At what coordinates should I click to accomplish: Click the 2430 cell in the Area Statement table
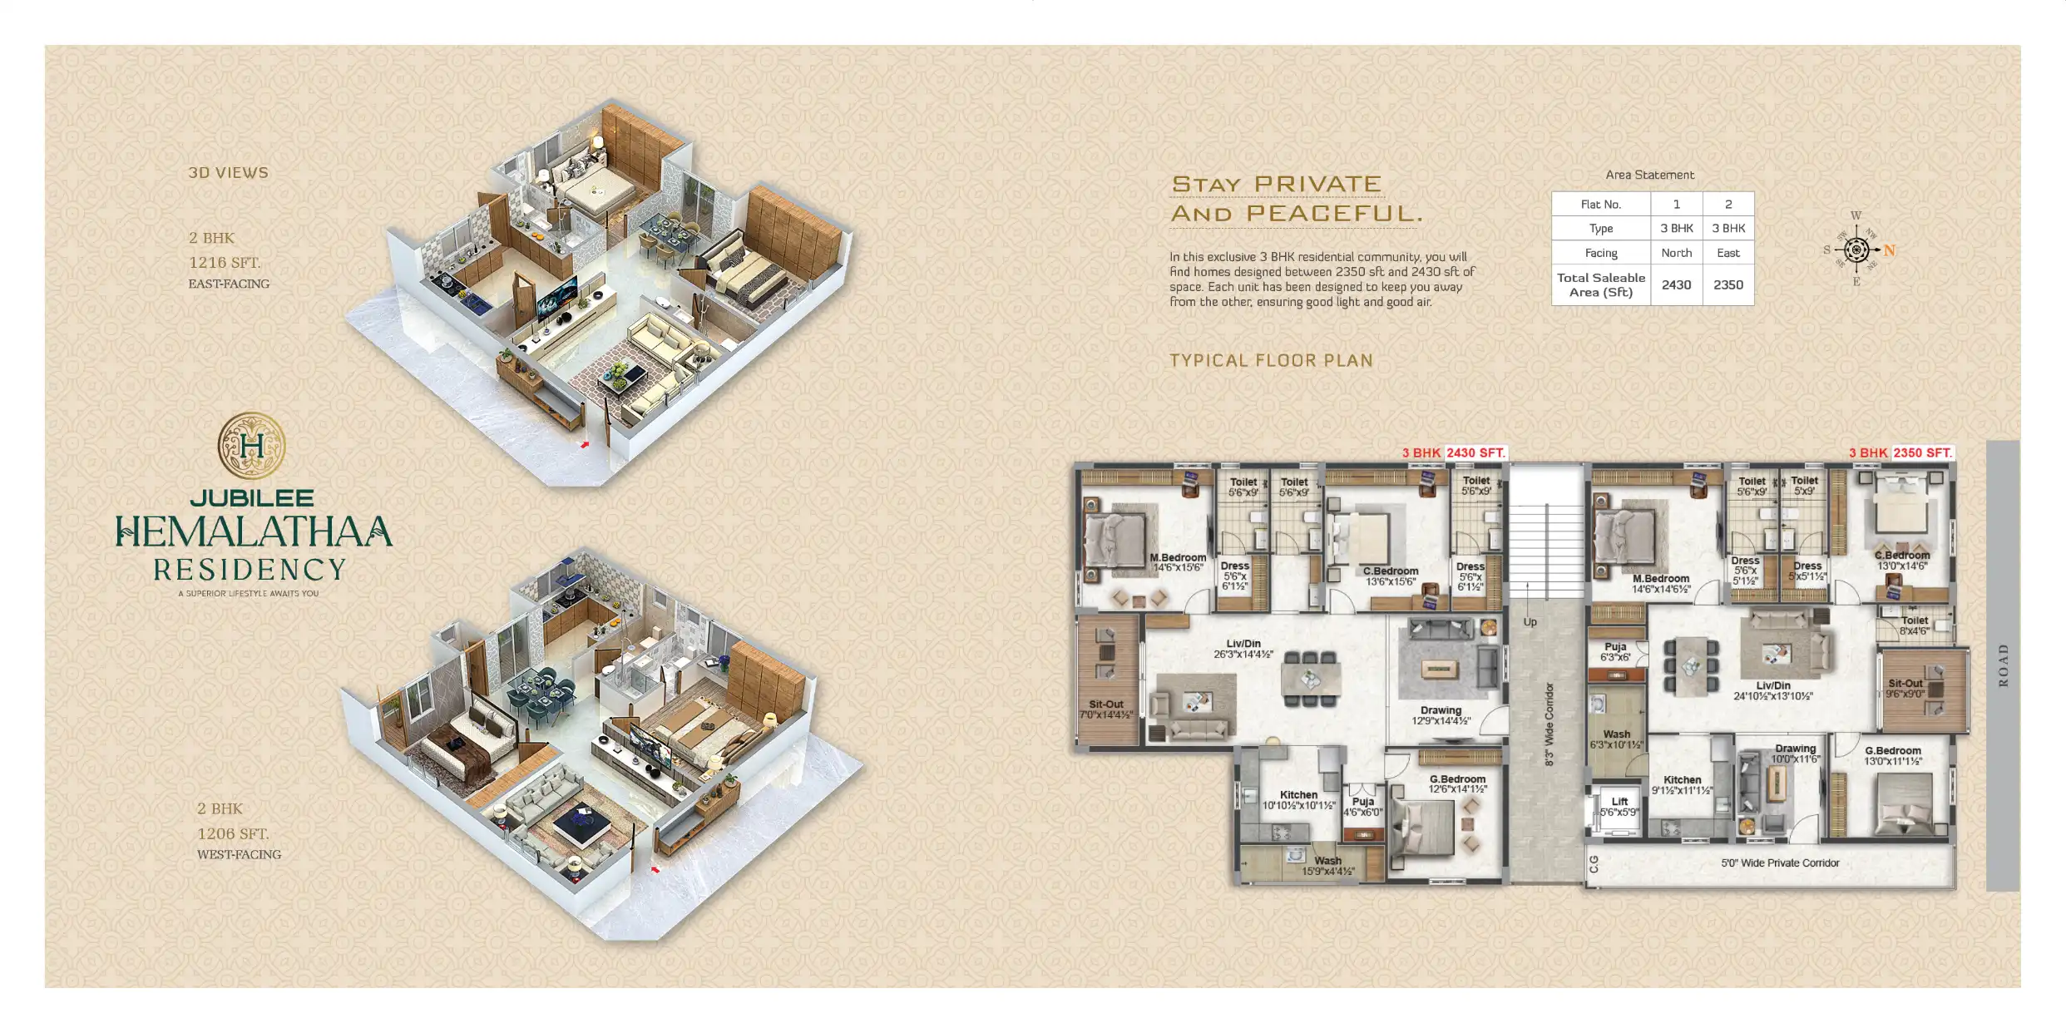coord(1675,284)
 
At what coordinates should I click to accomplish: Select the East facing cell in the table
coord(1727,253)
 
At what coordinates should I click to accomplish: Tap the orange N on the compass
coord(1889,250)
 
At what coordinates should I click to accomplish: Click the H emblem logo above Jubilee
coord(251,446)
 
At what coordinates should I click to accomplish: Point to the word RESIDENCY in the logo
coord(250,570)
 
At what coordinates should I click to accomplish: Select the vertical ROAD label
coord(2003,665)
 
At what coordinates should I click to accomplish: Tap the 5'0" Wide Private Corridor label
coord(1780,863)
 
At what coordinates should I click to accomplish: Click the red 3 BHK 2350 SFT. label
coord(1900,453)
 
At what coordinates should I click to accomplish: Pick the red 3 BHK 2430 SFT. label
coord(1453,453)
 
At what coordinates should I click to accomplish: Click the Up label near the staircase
coord(1530,622)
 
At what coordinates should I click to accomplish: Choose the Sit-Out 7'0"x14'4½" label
coord(1105,709)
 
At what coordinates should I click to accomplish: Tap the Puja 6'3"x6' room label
coord(1615,652)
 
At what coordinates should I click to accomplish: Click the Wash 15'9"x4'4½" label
coord(1327,866)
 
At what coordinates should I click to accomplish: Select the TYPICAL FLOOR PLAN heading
coord(1270,361)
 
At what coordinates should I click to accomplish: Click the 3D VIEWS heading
coord(228,173)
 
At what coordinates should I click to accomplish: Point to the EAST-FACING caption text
coord(229,284)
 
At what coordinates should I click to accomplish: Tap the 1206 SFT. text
coord(233,833)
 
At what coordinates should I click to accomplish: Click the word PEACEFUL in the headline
coord(1334,214)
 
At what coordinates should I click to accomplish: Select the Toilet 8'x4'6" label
coord(1914,625)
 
